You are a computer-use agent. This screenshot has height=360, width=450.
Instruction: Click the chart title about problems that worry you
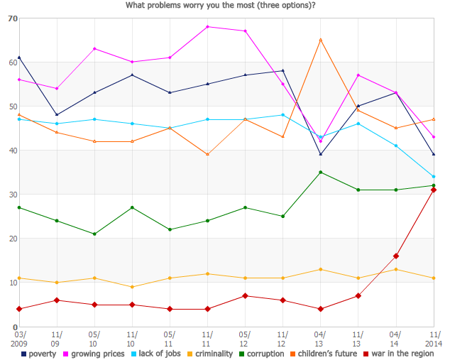click(x=221, y=6)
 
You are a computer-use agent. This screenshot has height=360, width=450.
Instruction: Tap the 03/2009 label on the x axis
click(x=20, y=339)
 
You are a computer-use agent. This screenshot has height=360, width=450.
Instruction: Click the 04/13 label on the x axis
click(x=320, y=339)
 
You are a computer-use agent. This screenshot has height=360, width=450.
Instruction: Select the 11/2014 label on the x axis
click(x=433, y=339)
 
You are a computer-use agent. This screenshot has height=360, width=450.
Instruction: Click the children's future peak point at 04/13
click(x=320, y=40)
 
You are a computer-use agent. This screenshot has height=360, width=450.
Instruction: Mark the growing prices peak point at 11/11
click(x=207, y=26)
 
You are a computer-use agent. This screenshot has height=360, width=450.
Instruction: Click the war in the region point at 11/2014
click(x=433, y=190)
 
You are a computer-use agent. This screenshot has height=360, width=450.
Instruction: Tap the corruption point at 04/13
click(x=320, y=172)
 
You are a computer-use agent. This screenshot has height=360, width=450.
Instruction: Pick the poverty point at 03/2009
click(x=19, y=58)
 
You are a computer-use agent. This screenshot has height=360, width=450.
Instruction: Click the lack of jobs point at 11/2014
click(x=433, y=177)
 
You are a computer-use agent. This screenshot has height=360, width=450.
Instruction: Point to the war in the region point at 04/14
click(x=395, y=256)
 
